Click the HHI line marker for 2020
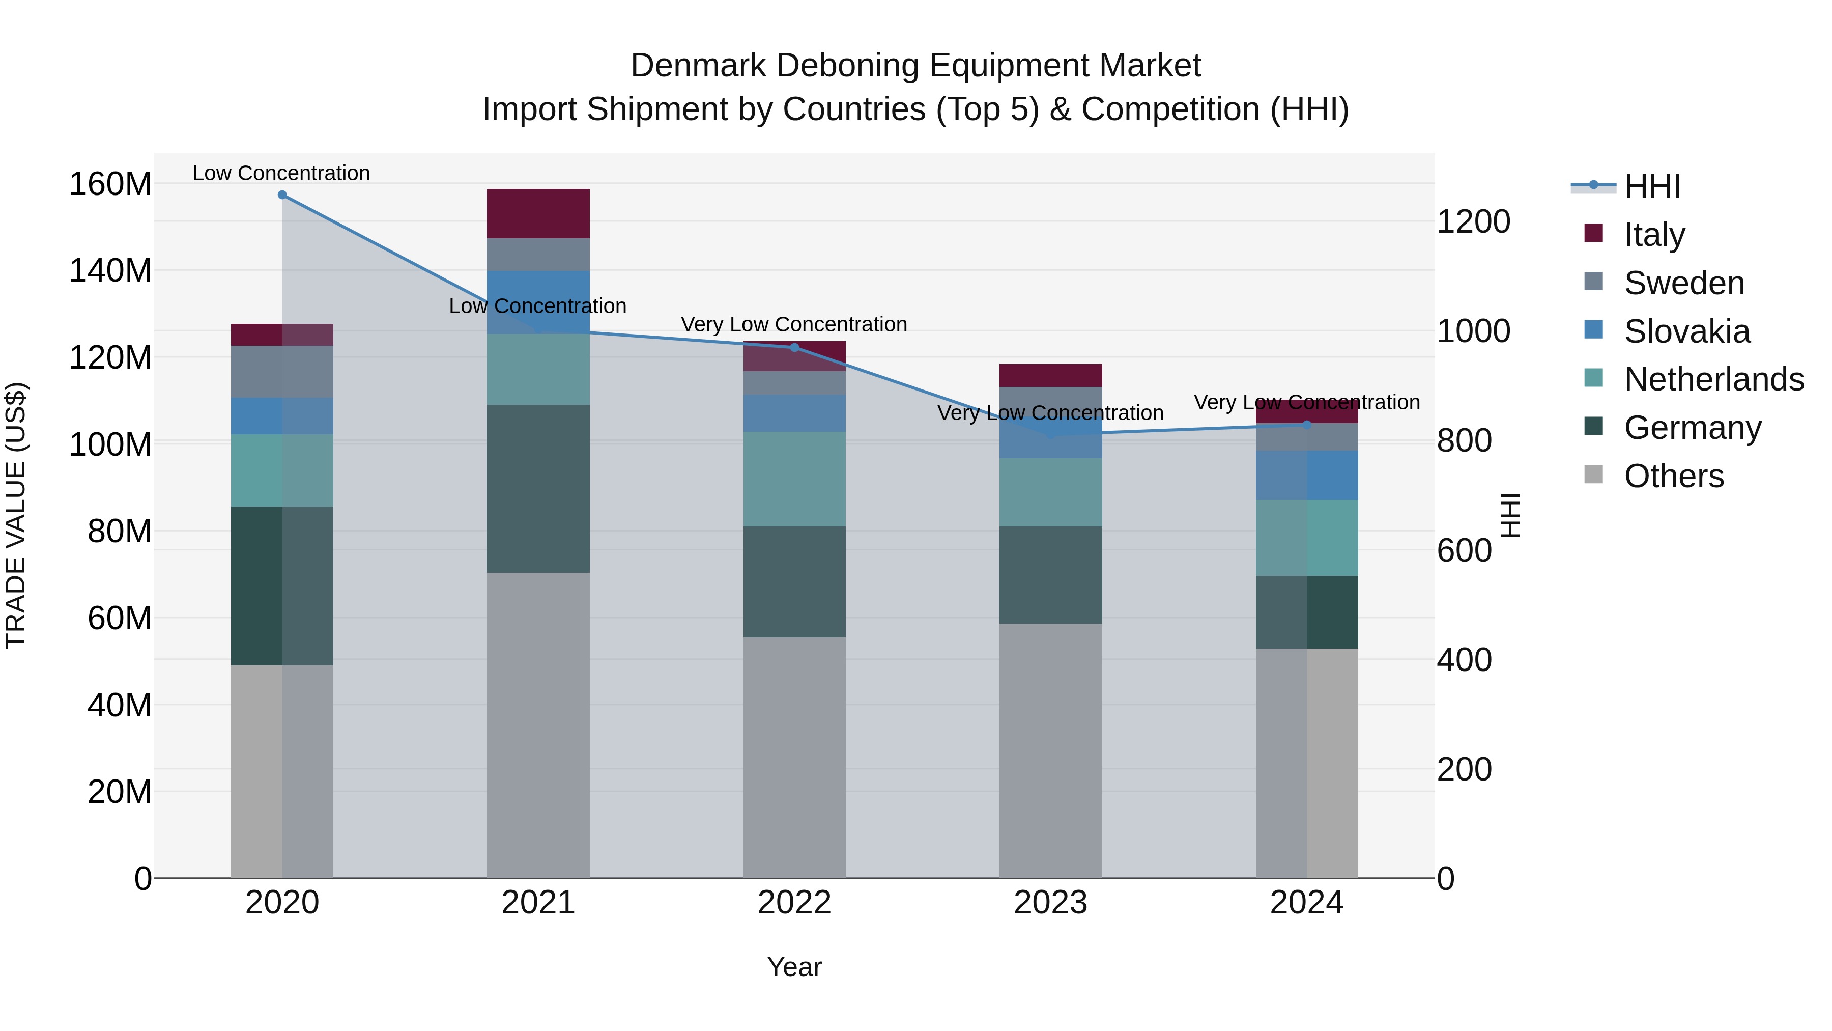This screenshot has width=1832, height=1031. [282, 195]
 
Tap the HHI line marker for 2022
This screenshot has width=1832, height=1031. [794, 347]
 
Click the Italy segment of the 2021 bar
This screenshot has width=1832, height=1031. [538, 213]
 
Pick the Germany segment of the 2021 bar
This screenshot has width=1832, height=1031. [538, 488]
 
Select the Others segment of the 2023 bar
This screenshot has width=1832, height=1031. [1050, 750]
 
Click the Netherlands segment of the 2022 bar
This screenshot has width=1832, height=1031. [794, 479]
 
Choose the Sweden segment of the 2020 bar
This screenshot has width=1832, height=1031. [282, 372]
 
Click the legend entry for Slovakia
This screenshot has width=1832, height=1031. [1686, 331]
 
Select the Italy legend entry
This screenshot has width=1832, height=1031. [1654, 235]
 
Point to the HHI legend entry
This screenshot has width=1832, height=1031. [1651, 186]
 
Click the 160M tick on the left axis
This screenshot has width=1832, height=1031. [110, 184]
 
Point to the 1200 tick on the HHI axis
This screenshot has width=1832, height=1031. [1474, 221]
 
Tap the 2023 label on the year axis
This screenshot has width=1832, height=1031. [1050, 903]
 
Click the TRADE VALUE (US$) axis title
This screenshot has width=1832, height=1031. [16, 515]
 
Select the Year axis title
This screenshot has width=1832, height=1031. [794, 967]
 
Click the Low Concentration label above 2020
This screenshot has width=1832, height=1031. [281, 173]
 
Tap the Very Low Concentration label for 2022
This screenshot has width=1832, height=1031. [794, 324]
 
